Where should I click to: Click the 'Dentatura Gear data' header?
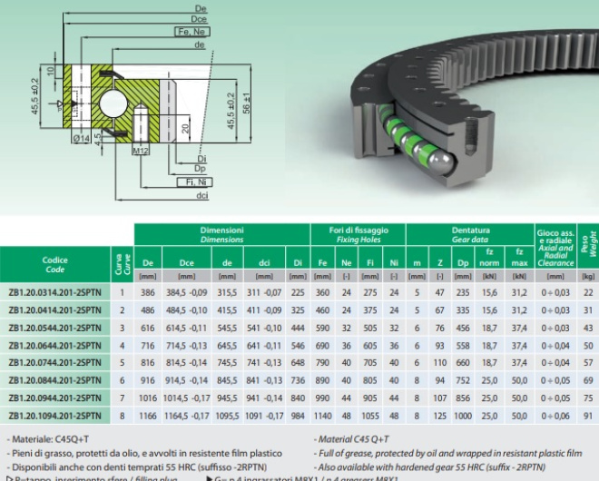tap(470, 235)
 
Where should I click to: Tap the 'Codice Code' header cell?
tap(54, 264)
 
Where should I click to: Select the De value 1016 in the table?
tap(147, 398)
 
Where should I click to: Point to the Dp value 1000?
tap(462, 416)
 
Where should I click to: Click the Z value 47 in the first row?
tap(439, 292)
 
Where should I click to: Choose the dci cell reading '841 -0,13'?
tap(264, 380)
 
